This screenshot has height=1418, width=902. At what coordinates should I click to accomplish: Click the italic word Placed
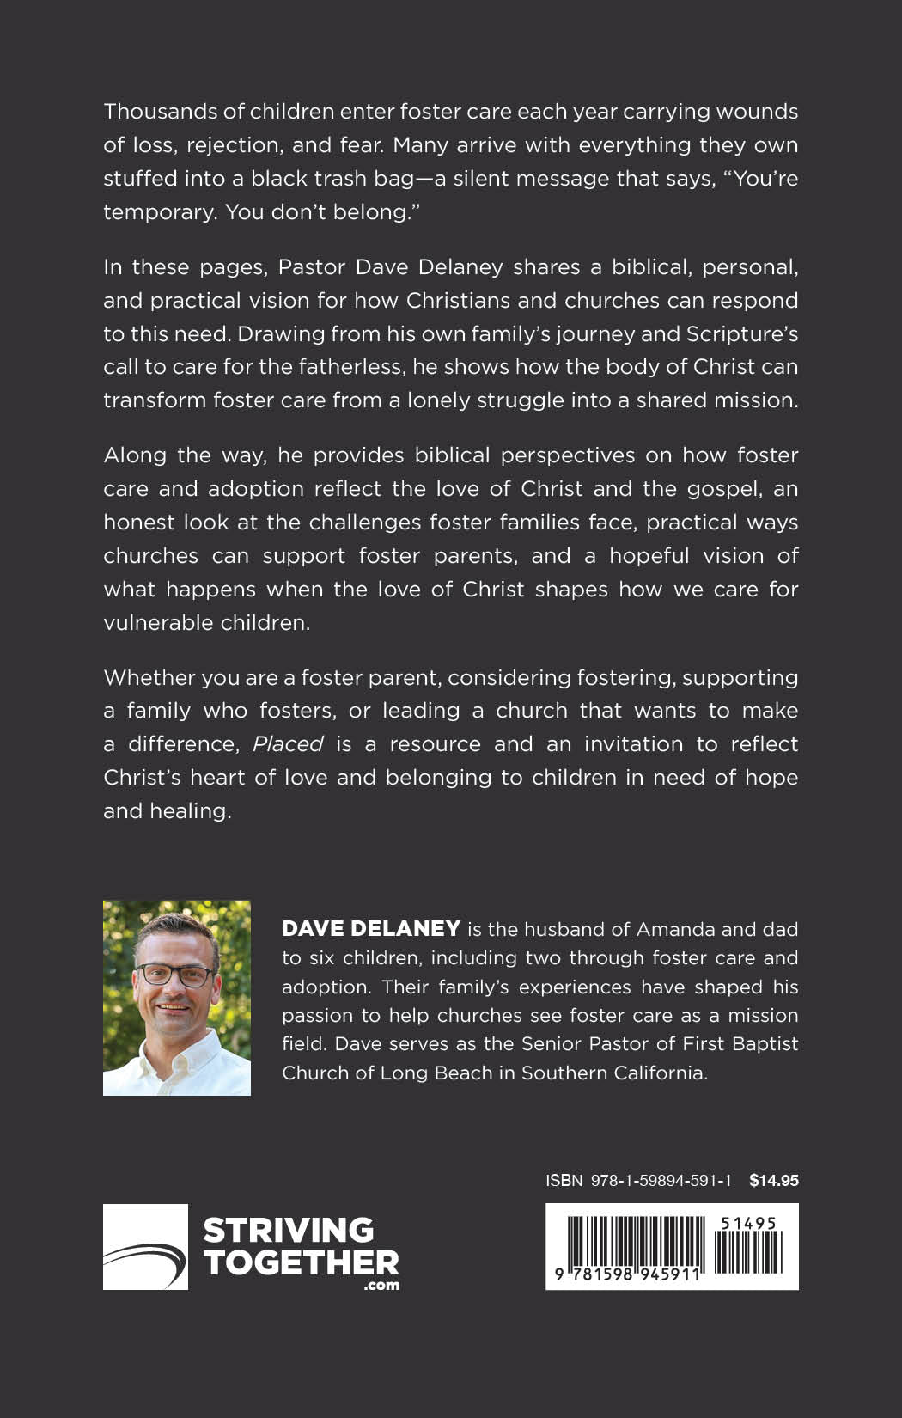288,744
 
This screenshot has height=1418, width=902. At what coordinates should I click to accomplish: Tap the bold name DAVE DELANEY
371,929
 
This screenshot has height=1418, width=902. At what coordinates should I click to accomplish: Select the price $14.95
773,1181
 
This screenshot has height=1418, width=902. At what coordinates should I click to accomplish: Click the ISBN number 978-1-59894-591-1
661,1181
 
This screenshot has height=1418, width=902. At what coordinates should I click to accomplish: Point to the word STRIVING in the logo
289,1230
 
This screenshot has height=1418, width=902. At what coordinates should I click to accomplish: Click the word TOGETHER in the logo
302,1262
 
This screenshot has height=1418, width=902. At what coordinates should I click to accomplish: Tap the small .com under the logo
381,1286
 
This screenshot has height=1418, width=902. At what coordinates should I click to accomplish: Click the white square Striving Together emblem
145,1247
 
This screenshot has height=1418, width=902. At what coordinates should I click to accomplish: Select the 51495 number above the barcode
749,1223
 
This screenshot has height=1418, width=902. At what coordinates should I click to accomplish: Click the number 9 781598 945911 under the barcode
627,1275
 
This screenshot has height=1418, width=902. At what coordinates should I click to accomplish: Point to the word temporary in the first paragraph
157,212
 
